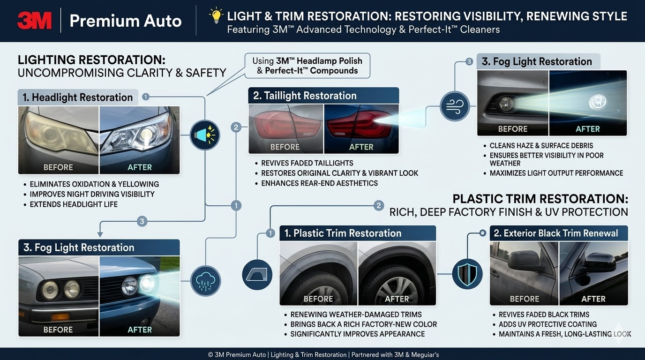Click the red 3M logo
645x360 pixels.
pos(35,21)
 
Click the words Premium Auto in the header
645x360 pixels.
pos(126,21)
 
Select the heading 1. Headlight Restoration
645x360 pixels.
pos(78,97)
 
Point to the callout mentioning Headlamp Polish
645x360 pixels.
pos(307,66)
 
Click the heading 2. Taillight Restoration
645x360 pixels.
pos(305,96)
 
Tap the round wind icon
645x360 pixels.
pos(455,106)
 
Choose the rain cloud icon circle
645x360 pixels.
pos(205,281)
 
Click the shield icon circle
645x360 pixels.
pos(467,274)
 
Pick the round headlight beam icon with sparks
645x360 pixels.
pos(205,135)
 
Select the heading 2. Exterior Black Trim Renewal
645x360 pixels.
pos(556,233)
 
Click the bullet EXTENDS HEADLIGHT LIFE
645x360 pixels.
pos(74,204)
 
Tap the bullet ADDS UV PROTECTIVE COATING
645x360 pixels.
pos(547,324)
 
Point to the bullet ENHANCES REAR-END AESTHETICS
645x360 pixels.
pos(319,183)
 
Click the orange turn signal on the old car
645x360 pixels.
pos(60,317)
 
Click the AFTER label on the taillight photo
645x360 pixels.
pos(361,147)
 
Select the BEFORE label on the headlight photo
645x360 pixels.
pos(58,167)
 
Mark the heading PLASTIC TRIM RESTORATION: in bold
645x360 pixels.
pos(540,199)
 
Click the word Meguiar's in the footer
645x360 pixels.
pos(425,355)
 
